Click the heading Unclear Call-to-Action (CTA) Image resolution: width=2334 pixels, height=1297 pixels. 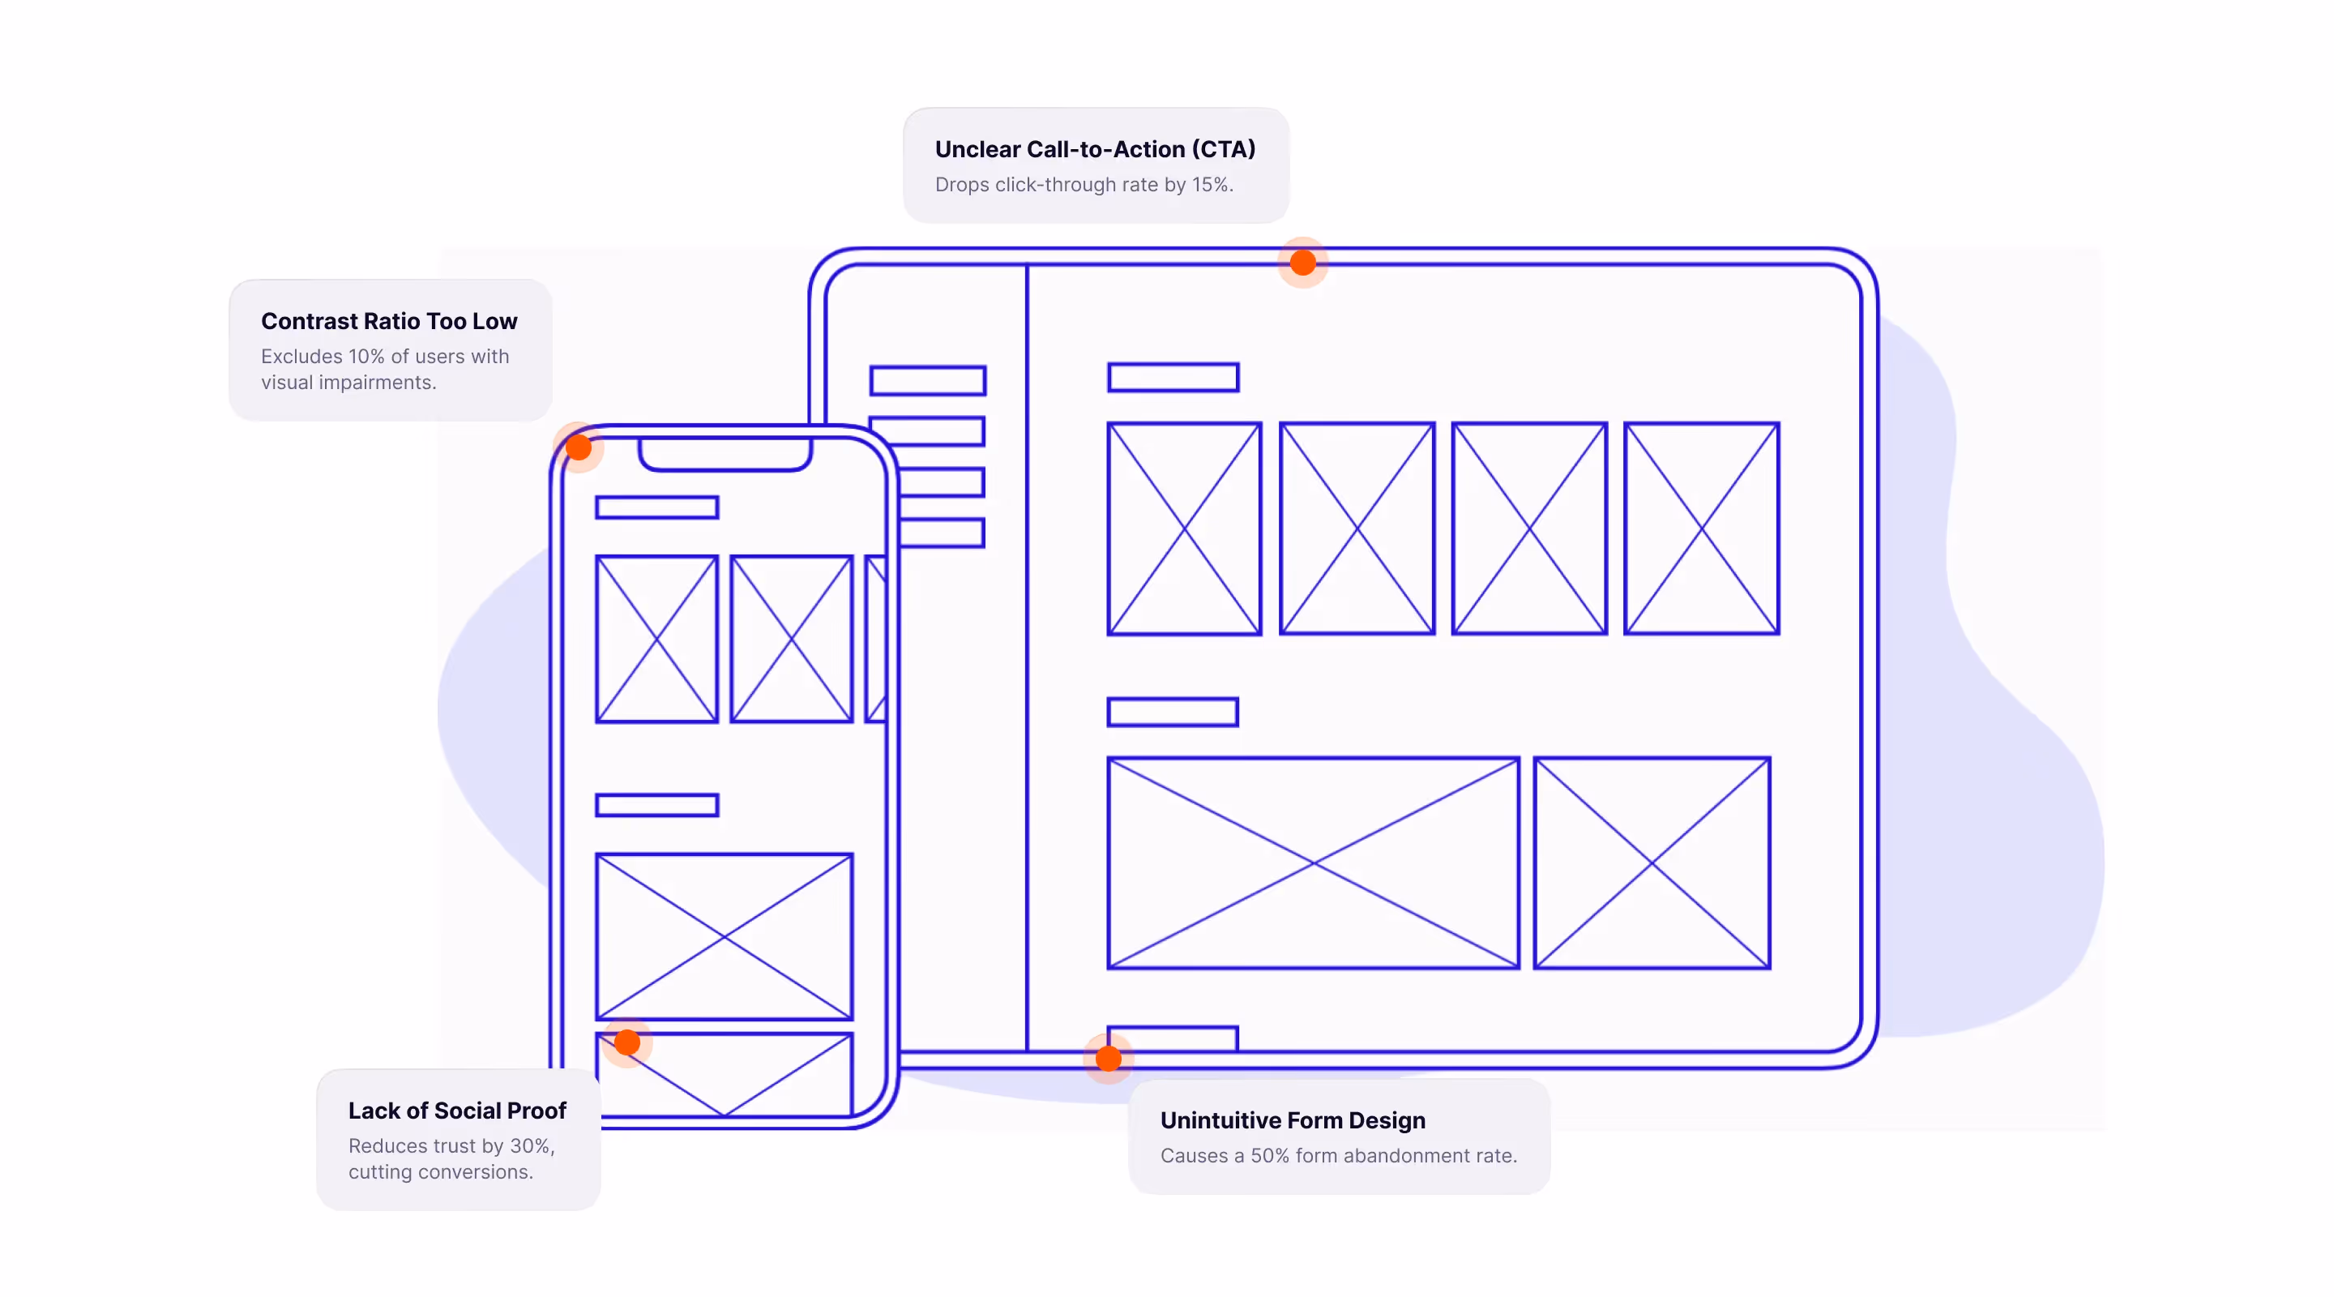click(x=1095, y=148)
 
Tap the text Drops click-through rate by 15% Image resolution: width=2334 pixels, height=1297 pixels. click(x=1084, y=184)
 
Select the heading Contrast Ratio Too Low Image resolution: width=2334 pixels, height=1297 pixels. click(x=389, y=321)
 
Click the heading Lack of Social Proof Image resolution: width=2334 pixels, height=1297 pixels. click(x=456, y=1111)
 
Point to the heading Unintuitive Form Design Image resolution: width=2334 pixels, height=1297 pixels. click(x=1292, y=1120)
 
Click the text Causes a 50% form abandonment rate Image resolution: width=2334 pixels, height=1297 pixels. click(x=1338, y=1156)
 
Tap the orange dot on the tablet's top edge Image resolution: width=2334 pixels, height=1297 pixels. click(x=1302, y=263)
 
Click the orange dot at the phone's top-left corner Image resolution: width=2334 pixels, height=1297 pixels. click(x=578, y=447)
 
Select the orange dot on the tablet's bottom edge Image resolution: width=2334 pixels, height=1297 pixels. click(x=1108, y=1058)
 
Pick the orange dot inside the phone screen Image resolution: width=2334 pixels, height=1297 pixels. click(x=627, y=1042)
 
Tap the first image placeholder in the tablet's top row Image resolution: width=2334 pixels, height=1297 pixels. click(x=1183, y=529)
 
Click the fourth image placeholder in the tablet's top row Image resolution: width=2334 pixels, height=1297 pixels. click(x=1701, y=529)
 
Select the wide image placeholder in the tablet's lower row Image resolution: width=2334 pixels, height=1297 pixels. click(x=1313, y=863)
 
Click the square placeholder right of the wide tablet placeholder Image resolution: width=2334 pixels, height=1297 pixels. click(x=1651, y=863)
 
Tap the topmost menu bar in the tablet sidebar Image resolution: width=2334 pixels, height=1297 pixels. click(x=927, y=381)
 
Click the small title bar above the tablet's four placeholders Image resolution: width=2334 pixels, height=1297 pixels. click(x=1173, y=377)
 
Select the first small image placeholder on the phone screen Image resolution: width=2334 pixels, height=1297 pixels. click(x=656, y=639)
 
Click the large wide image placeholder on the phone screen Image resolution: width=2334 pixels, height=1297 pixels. click(x=723, y=936)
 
